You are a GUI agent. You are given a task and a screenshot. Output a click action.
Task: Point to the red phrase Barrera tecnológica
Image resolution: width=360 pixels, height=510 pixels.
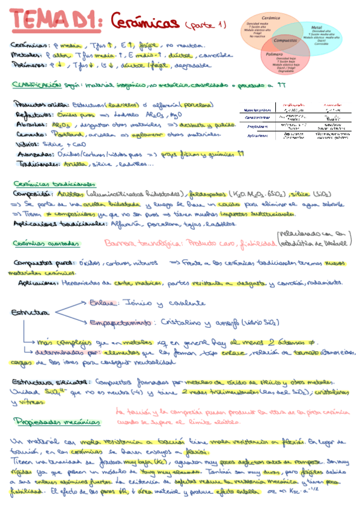pyautogui.click(x=138, y=244)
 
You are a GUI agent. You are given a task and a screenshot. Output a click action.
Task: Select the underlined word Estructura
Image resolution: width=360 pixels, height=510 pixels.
pyautogui.click(x=30, y=313)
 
